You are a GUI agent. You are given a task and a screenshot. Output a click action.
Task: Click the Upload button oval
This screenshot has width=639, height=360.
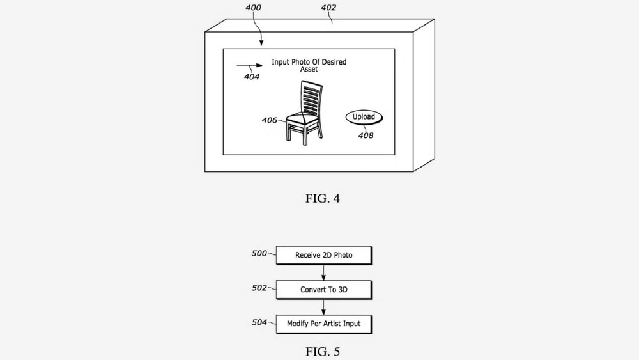click(x=364, y=117)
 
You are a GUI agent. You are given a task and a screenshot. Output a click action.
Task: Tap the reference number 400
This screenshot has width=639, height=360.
click(x=253, y=8)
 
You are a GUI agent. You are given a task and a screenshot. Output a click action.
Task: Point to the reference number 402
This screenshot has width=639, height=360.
click(x=328, y=8)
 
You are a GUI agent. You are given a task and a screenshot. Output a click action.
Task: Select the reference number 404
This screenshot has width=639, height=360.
click(x=251, y=77)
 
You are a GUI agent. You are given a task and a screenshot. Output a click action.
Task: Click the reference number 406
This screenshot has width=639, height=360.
click(x=269, y=120)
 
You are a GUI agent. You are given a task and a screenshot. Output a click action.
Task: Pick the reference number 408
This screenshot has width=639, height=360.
click(x=366, y=136)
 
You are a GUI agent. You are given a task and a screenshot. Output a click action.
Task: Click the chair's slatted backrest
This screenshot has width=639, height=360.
click(x=311, y=98)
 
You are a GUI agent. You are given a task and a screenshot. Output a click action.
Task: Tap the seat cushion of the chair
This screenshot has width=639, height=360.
click(x=302, y=119)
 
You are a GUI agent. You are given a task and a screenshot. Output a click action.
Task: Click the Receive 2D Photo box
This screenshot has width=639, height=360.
click(x=324, y=255)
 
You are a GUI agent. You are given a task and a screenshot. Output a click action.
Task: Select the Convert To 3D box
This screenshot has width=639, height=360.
click(x=324, y=290)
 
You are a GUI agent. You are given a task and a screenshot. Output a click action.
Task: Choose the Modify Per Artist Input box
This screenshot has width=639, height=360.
click(x=324, y=324)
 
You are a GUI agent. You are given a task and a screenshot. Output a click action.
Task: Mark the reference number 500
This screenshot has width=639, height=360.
click(x=259, y=253)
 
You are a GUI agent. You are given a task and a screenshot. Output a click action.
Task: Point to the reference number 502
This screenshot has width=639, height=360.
click(x=259, y=288)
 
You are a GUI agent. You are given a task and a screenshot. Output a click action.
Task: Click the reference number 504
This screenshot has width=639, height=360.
click(x=259, y=322)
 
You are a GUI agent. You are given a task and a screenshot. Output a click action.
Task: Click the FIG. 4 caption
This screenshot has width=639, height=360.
click(x=322, y=199)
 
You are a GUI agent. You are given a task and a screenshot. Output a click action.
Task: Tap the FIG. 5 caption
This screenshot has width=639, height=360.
click(x=322, y=352)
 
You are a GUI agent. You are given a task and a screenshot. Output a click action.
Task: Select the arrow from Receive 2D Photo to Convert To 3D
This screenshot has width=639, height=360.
click(x=323, y=273)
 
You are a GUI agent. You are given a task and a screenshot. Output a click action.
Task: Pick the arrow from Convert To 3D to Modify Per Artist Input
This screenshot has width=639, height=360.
click(x=323, y=307)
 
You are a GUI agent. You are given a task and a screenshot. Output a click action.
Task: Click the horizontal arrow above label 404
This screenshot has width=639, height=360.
click(x=249, y=65)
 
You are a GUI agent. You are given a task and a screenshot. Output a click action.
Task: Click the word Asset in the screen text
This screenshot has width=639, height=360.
click(x=309, y=69)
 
